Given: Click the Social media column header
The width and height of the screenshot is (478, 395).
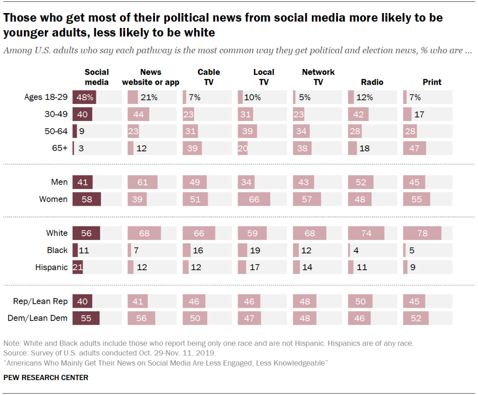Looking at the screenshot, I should pyautogui.click(x=97, y=77).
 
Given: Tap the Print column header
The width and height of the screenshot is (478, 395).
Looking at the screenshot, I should pyautogui.click(x=432, y=82).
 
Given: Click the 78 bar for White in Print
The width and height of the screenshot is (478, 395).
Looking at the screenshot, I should pyautogui.click(x=422, y=233).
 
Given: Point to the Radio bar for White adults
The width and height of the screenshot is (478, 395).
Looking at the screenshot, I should pyautogui.click(x=366, y=233).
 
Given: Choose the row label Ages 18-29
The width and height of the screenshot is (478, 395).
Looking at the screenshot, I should pyautogui.click(x=46, y=97).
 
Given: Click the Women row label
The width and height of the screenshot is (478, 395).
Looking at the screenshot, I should pyautogui.click(x=53, y=199).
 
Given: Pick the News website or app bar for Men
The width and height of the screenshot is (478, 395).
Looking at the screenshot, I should pyautogui.click(x=142, y=182).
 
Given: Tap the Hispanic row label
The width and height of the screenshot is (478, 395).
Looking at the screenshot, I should pyautogui.click(x=51, y=267).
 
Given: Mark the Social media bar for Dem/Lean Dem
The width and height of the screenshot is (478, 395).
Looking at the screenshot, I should pyautogui.click(x=86, y=318).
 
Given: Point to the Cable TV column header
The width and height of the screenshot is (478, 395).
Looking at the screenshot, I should pyautogui.click(x=209, y=77).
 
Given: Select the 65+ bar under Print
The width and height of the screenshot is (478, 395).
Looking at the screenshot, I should pyautogui.click(x=415, y=148).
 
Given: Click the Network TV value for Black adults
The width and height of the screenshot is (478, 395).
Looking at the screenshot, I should pyautogui.click(x=306, y=250).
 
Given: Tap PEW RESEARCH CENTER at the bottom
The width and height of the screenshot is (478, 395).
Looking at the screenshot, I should pyautogui.click(x=46, y=377).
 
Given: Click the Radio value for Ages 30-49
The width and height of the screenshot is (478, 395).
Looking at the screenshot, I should pyautogui.click(x=358, y=114).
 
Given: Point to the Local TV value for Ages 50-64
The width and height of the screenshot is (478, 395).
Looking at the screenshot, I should pyautogui.click(x=247, y=131).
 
